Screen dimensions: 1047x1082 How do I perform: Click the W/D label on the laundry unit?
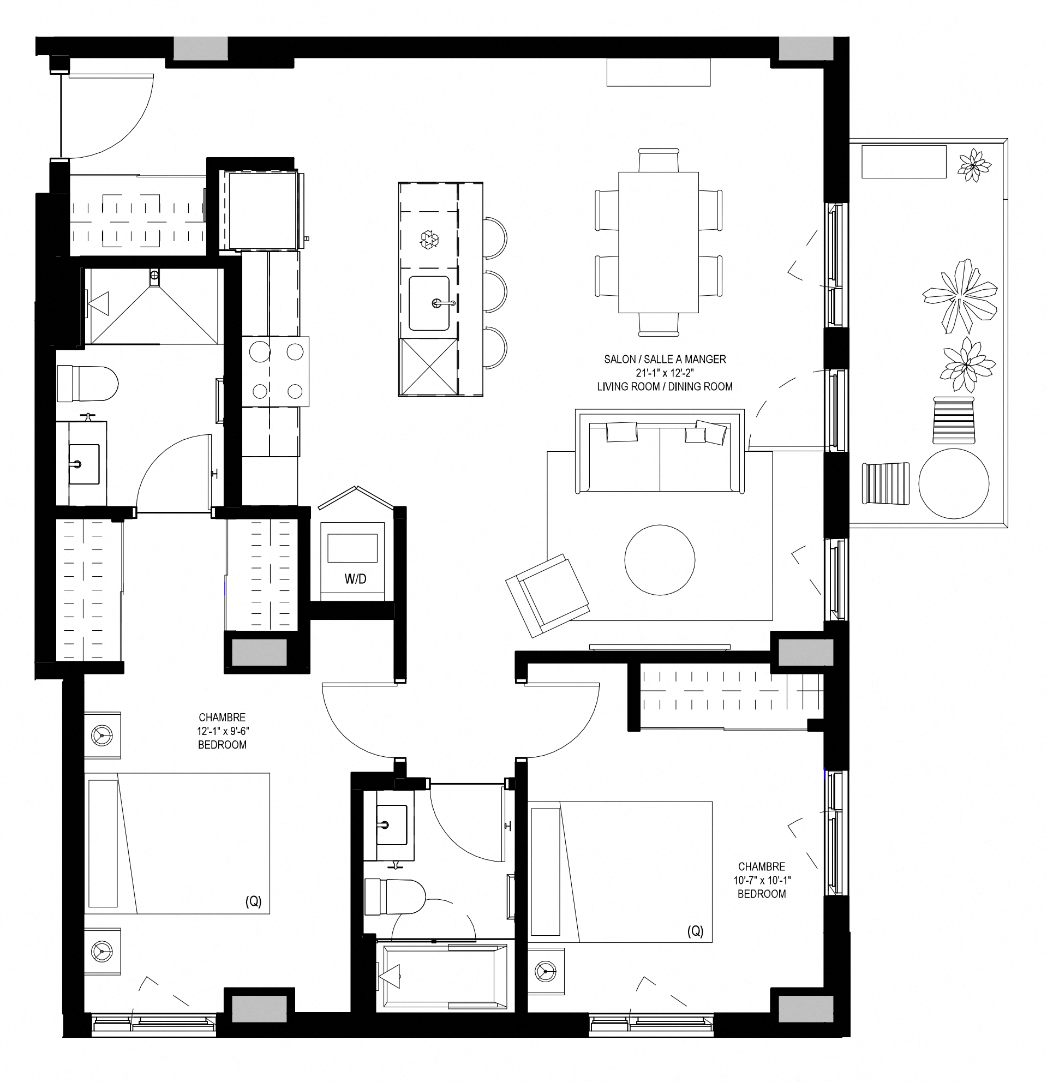click(x=355, y=578)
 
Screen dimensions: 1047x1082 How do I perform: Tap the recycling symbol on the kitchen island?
click(x=429, y=240)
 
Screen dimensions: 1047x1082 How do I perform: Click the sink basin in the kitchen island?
click(x=429, y=303)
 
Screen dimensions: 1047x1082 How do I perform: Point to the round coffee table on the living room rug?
click(x=660, y=560)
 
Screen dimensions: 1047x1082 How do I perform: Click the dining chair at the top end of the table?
click(x=659, y=159)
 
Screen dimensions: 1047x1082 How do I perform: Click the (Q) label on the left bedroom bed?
click(x=253, y=902)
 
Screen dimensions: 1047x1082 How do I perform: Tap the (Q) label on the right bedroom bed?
click(x=696, y=931)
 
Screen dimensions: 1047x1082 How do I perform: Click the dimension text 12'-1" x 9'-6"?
click(x=223, y=731)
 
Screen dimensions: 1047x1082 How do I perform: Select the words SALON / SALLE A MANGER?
click(x=665, y=360)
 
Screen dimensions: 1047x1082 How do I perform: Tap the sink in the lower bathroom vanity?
click(x=391, y=825)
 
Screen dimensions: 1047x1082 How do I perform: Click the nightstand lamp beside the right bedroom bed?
click(x=546, y=971)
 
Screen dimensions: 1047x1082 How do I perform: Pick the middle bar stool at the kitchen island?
click(x=495, y=292)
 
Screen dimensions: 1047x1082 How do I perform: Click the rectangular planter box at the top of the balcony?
click(x=904, y=162)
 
